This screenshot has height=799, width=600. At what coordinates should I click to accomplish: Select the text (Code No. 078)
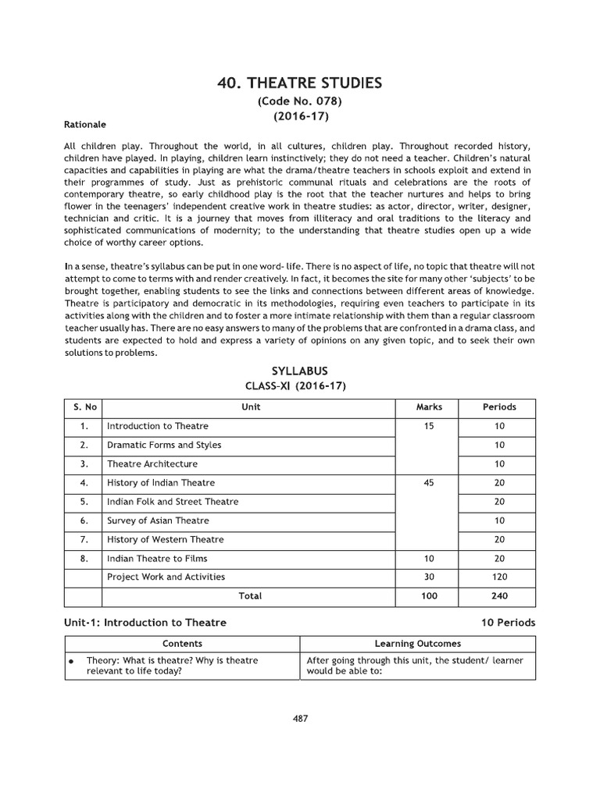coord(300,102)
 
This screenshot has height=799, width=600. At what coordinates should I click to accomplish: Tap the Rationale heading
coord(85,124)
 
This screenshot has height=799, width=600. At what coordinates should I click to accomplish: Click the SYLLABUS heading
coord(300,370)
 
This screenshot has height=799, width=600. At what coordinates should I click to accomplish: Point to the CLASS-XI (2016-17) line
coord(300,385)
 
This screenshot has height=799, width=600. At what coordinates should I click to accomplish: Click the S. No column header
coord(83,407)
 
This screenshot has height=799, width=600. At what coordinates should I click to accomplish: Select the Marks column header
coord(429,407)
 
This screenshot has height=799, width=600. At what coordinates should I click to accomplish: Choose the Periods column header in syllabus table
coord(499,407)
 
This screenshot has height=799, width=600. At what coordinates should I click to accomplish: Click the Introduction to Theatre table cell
coord(158,426)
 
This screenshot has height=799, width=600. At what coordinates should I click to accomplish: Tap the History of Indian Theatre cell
coord(161,483)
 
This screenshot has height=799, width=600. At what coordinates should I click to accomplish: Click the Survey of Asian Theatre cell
coord(158,520)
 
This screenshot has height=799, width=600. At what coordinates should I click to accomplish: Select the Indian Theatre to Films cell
coord(157,558)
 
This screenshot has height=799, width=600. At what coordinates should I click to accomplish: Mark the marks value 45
coord(429,483)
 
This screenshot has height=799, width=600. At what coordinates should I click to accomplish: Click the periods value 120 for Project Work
coord(499,577)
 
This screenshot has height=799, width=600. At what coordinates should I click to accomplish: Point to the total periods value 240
coord(499,596)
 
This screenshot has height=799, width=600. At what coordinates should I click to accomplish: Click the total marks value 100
coord(429,596)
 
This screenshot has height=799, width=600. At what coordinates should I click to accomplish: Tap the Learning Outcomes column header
coord(418,644)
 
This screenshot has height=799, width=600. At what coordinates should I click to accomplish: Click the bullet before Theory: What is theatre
coord(72,661)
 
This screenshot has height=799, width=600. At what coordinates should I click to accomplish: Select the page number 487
coord(300,719)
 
